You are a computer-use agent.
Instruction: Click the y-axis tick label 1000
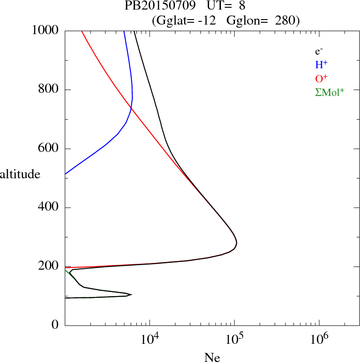tap(45, 30)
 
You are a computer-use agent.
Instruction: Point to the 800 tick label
tap(49, 90)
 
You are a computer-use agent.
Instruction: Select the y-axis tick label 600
tap(49, 149)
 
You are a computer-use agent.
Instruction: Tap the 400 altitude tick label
tap(49, 208)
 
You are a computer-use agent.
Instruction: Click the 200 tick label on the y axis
tap(49, 266)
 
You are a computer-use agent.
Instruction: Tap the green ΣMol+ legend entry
tap(330, 92)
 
